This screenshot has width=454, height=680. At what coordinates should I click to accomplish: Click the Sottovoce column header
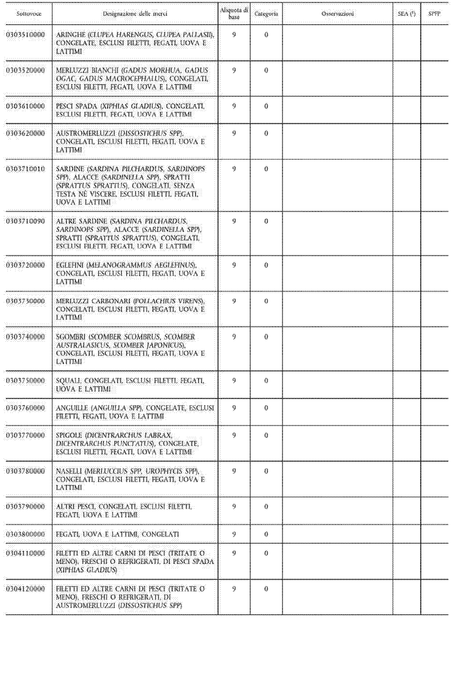(29, 14)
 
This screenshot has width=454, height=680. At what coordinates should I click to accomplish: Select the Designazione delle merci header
(135, 14)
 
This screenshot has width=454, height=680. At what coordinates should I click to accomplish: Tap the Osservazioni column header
(338, 14)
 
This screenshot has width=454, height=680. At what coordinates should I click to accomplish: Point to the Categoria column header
(266, 14)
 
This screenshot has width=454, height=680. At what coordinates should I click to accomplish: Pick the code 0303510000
(26, 35)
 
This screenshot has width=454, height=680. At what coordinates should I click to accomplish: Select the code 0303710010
(26, 169)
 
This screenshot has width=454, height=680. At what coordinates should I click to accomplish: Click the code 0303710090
(26, 221)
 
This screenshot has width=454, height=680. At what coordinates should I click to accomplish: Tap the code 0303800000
(26, 534)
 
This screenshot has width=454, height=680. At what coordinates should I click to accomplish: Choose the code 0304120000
(26, 589)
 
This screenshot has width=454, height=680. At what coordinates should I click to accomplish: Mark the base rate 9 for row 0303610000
(234, 106)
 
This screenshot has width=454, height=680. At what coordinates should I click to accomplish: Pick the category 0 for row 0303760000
(266, 408)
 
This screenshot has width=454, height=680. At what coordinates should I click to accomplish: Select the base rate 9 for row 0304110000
(234, 553)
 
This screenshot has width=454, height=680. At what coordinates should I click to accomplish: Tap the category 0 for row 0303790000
(266, 507)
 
